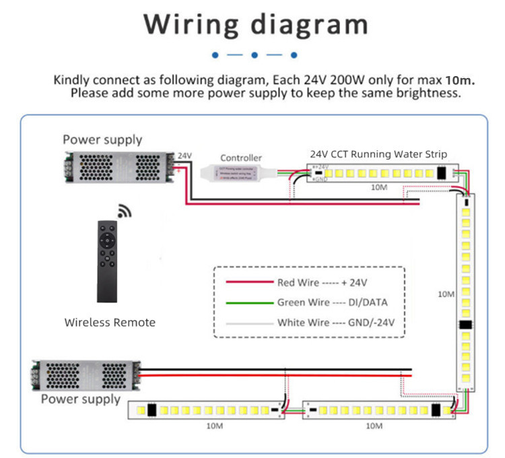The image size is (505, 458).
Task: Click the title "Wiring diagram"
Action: [x=256, y=24]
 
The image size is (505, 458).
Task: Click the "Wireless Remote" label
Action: [x=110, y=323]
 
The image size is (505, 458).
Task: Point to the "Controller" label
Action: [x=240, y=158]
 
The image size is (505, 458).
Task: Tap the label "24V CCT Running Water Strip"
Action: [x=378, y=154]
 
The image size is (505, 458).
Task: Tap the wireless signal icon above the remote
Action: [x=125, y=211]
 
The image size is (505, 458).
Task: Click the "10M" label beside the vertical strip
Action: [x=446, y=294]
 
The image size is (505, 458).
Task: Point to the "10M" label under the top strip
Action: [x=379, y=187]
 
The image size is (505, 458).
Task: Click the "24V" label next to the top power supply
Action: [x=184, y=156]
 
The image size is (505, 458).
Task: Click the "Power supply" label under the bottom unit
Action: [x=81, y=399]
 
